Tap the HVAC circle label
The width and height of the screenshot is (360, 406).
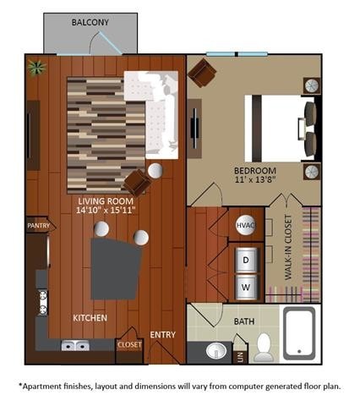(x=246, y=227)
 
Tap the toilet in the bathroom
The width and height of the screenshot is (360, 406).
(x=264, y=348)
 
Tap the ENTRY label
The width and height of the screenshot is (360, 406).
(x=163, y=335)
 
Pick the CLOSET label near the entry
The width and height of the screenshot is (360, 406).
(x=129, y=345)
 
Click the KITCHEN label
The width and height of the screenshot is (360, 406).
(x=90, y=318)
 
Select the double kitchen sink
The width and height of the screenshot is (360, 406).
(x=75, y=346)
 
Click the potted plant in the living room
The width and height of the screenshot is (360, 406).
(x=35, y=66)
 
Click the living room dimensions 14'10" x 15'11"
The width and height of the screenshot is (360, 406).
(x=106, y=208)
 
